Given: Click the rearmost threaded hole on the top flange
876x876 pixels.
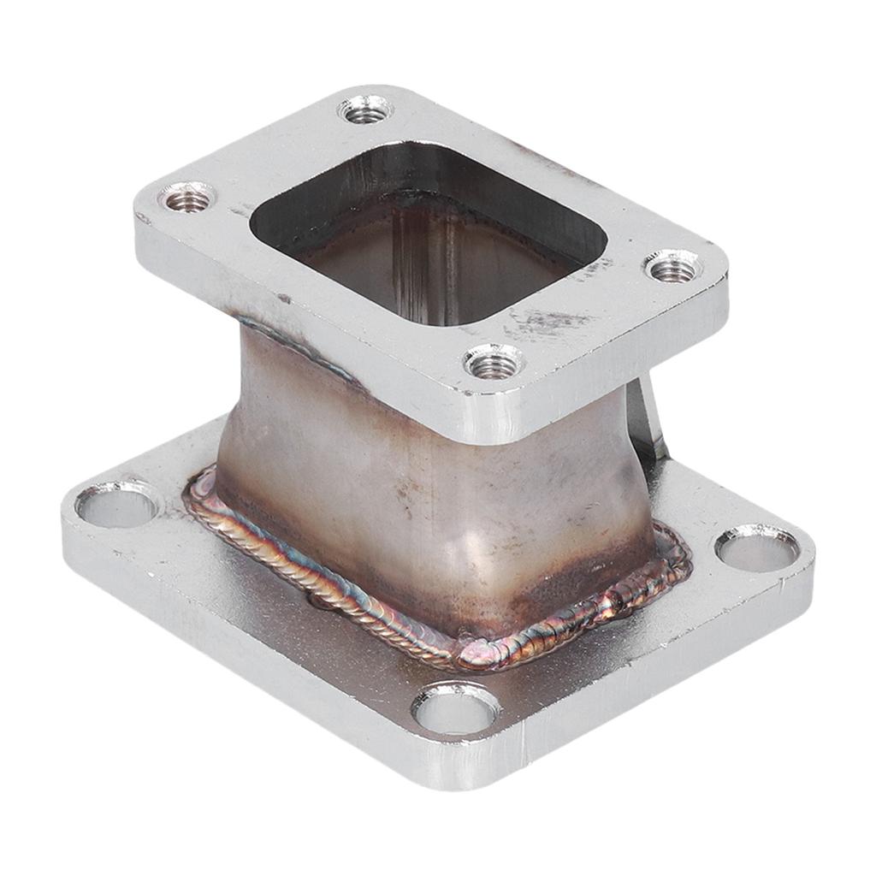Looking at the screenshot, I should click(365, 109).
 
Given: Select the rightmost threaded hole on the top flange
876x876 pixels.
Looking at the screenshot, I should click(673, 269).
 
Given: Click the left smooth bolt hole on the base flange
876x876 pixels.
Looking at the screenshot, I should click(117, 505).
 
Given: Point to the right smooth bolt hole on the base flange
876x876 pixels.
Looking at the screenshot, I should click(757, 548).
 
